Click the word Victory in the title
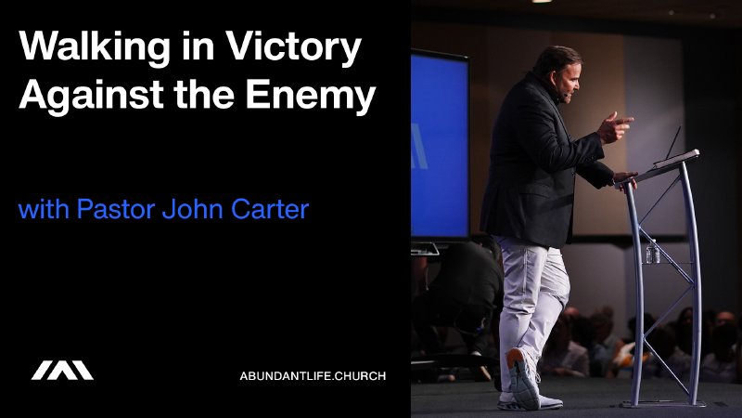pos(298,48)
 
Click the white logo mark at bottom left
pos(62,371)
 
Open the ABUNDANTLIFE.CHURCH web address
pos(313,375)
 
